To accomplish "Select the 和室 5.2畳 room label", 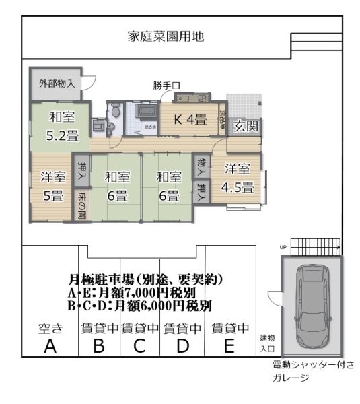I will (63, 125).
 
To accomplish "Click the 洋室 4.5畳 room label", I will (238, 178).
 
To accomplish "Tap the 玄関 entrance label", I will (246, 126).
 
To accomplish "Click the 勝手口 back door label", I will (166, 86).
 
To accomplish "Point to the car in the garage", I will (310, 306).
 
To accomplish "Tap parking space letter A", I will (50, 347).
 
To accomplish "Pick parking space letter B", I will (100, 347).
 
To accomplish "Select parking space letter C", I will (140, 347).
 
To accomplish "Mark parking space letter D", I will (182, 347).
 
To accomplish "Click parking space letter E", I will (229, 347).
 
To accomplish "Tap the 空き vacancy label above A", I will (50, 329).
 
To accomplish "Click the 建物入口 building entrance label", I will (267, 343).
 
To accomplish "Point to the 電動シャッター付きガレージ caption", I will (312, 371).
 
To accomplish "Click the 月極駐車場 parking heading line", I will (146, 278).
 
